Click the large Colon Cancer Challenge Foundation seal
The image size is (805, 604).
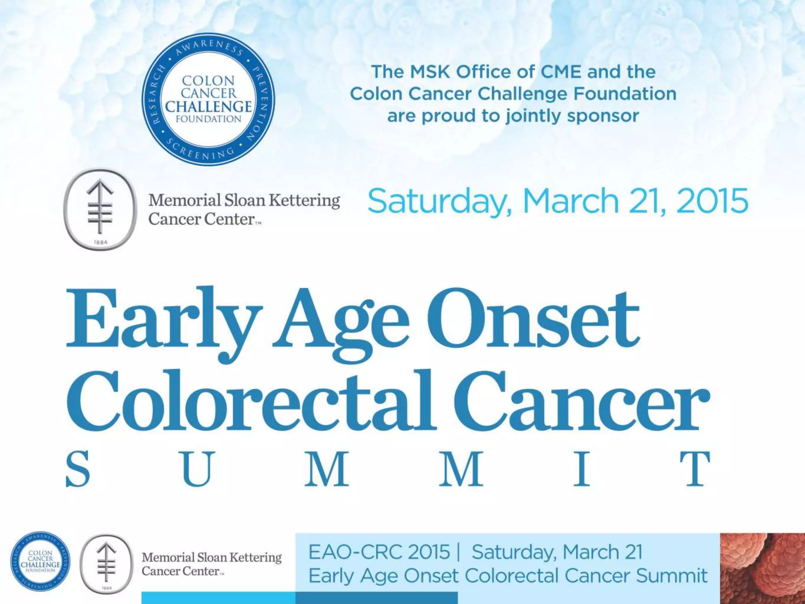[208, 99]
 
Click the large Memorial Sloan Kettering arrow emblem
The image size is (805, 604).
[100, 209]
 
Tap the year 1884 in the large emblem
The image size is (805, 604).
[101, 242]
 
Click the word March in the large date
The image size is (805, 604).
[572, 201]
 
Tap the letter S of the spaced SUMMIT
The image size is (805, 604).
[78, 469]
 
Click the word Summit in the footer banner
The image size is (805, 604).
[672, 576]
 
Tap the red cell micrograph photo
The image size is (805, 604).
[762, 568]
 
